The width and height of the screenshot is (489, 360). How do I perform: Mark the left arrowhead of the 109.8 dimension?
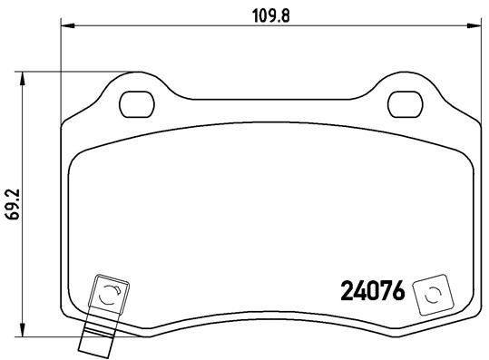[x=64, y=27]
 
